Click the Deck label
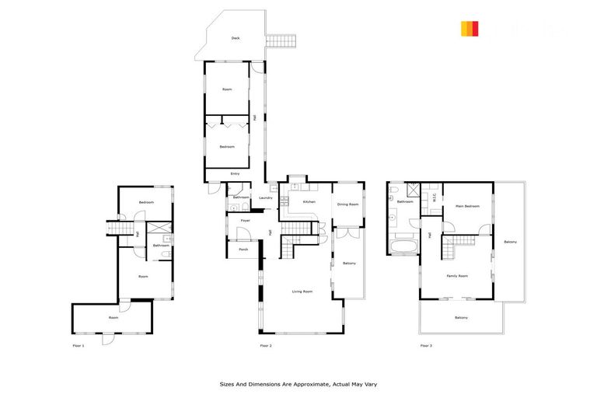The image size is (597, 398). (x=235, y=38)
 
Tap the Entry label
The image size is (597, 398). (x=235, y=173)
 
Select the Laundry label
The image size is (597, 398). (x=265, y=197)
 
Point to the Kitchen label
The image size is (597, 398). (x=309, y=201)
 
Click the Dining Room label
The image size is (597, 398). (x=347, y=204)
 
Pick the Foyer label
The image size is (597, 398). (x=245, y=221)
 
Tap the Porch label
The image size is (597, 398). (x=243, y=249)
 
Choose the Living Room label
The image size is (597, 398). (x=302, y=292)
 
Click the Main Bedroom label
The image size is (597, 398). (x=467, y=206)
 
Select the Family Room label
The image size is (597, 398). (x=457, y=276)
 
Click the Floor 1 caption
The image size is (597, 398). (x=78, y=344)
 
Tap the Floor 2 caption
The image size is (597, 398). (x=265, y=344)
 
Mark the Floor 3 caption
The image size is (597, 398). (x=425, y=344)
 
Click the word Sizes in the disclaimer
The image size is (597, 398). (x=224, y=384)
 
